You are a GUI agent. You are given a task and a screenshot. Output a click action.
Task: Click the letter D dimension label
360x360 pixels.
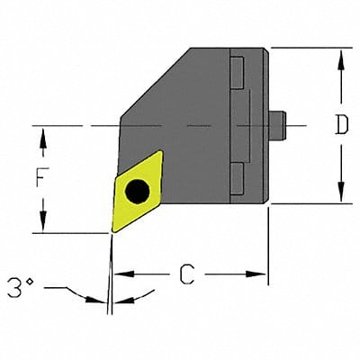point(340,126)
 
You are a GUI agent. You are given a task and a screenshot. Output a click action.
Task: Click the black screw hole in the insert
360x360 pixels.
point(137,190)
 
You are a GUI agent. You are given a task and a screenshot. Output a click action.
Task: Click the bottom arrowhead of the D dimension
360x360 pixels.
point(340,197)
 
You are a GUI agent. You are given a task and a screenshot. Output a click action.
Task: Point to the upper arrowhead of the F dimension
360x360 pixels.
point(42,131)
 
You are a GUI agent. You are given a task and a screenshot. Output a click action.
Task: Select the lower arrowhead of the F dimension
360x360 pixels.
point(42,226)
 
